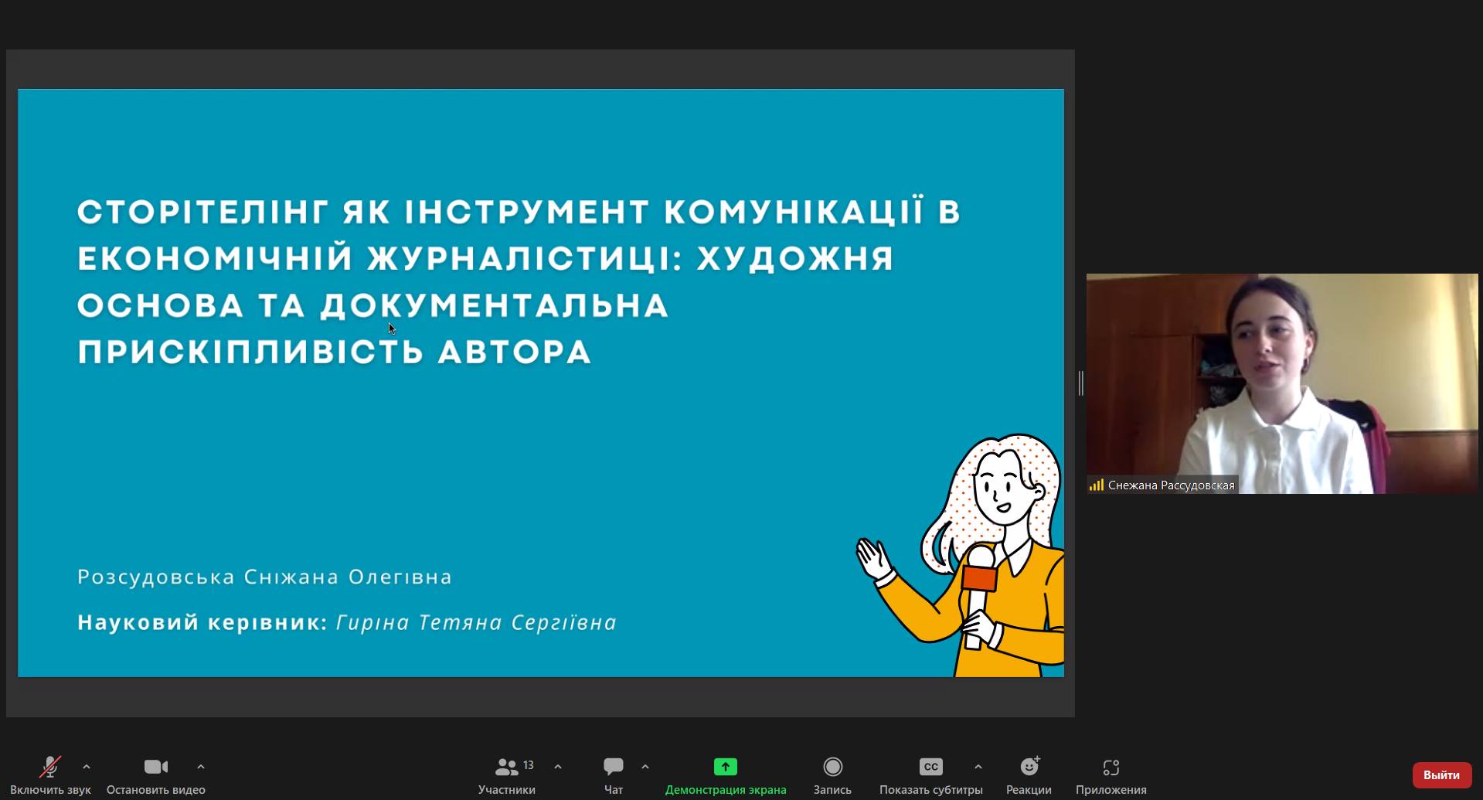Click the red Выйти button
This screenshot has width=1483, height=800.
pyautogui.click(x=1441, y=774)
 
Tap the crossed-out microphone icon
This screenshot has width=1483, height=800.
pyautogui.click(x=50, y=767)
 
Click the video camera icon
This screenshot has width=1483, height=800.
pyautogui.click(x=156, y=767)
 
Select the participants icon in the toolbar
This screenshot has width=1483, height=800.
pyautogui.click(x=507, y=767)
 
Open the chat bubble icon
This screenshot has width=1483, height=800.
pyautogui.click(x=614, y=766)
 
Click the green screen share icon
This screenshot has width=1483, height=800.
pyautogui.click(x=725, y=767)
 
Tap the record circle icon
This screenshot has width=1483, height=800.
pyautogui.click(x=832, y=767)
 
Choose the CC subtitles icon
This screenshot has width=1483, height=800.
pyautogui.click(x=930, y=767)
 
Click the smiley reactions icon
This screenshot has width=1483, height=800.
pyautogui.click(x=1029, y=766)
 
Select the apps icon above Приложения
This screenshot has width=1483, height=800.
pyautogui.click(x=1111, y=767)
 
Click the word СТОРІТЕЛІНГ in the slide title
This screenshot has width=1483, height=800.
pyautogui.click(x=204, y=212)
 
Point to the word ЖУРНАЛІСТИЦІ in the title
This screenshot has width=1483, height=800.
pyautogui.click(x=526, y=258)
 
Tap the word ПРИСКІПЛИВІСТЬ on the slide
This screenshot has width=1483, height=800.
pyautogui.click(x=250, y=352)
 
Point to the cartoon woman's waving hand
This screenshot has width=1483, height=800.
pyautogui.click(x=874, y=558)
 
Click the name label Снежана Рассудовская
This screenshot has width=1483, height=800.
pyautogui.click(x=1171, y=485)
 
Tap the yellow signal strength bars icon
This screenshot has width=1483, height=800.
pyautogui.click(x=1096, y=485)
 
